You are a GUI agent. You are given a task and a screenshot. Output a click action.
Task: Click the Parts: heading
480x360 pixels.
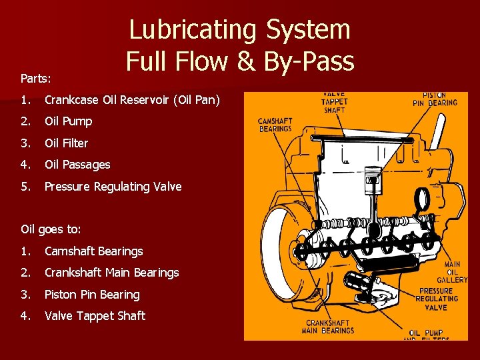coord(35,79)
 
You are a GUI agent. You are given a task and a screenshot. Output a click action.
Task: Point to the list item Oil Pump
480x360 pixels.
coord(68,121)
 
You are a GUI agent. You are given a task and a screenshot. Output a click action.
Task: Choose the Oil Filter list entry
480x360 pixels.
coord(66,143)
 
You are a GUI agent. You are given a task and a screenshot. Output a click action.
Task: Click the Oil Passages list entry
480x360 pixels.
coord(77,165)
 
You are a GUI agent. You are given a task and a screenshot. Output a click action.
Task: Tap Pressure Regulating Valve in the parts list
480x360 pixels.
coord(113,187)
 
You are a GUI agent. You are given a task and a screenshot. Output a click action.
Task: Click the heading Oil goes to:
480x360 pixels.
coord(51,229)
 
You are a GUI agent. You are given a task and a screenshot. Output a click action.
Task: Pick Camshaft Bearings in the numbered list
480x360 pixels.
coord(93,251)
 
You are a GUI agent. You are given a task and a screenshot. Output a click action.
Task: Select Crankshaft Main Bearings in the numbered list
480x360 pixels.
coord(111,273)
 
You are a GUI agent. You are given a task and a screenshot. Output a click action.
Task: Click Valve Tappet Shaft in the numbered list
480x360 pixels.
coord(95,316)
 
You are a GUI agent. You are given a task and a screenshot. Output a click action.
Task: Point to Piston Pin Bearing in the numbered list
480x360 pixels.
coord(92,295)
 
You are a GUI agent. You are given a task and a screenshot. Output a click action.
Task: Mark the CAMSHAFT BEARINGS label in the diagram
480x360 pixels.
coord(275,125)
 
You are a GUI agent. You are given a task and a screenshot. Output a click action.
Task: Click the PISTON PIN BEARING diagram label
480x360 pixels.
coord(435,99)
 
